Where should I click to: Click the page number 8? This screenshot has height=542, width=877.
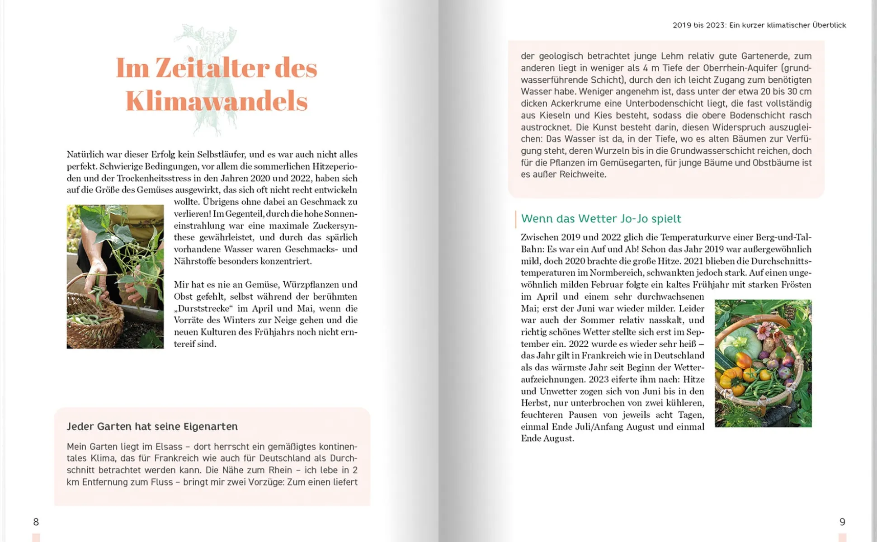tap(36, 522)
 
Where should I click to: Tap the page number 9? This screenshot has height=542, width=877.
tap(842, 522)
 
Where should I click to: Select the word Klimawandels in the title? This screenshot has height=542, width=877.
tap(217, 101)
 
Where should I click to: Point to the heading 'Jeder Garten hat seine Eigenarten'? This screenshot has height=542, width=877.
tap(152, 426)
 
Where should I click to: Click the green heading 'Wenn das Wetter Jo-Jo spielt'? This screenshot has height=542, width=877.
tap(601, 219)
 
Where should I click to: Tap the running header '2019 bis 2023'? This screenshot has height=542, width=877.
tap(698, 25)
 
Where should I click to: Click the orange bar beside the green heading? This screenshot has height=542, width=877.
tap(515, 219)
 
